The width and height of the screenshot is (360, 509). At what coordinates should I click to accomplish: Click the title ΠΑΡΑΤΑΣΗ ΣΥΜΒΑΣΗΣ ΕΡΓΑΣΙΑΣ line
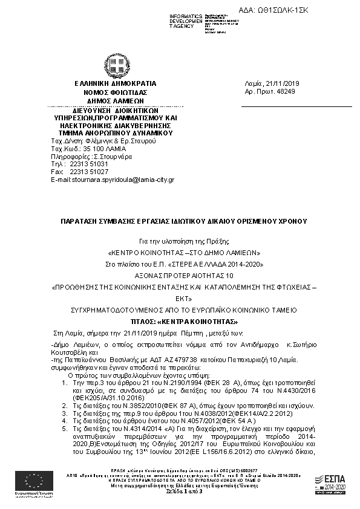180,222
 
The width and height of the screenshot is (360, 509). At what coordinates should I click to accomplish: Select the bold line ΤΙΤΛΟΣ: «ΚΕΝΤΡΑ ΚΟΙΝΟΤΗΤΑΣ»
180,321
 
